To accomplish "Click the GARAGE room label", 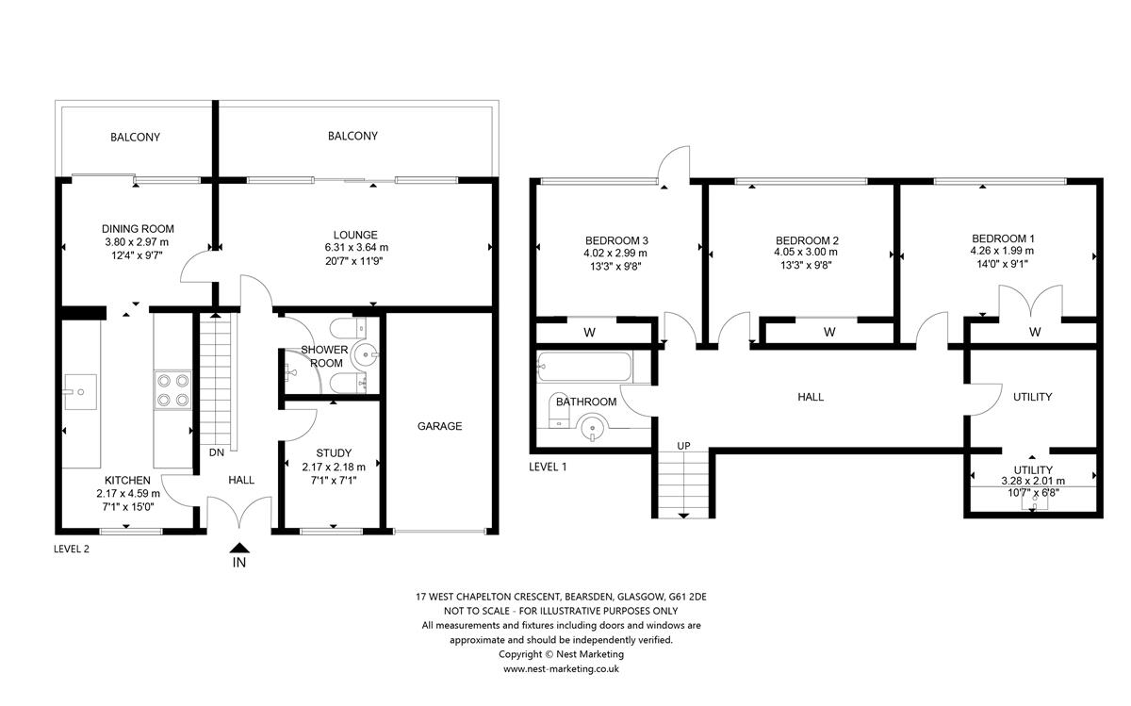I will tap(439, 426).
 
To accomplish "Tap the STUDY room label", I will tap(333, 452).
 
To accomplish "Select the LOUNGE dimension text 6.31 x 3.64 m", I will tap(354, 248).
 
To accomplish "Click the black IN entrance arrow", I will tap(239, 548).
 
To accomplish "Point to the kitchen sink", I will tap(79, 390).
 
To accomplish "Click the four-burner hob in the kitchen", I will tap(172, 390).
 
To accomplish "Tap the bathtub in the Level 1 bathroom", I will tap(583, 368).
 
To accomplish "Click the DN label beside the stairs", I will tap(216, 452).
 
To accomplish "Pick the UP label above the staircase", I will tap(684, 446).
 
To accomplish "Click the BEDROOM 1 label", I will tap(1003, 238).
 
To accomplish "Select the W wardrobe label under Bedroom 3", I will tap(589, 332).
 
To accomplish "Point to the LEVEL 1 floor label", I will tap(549, 466).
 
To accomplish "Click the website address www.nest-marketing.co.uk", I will tap(561, 668).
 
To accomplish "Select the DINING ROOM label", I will tap(138, 229).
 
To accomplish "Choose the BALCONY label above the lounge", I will tap(352, 136).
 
